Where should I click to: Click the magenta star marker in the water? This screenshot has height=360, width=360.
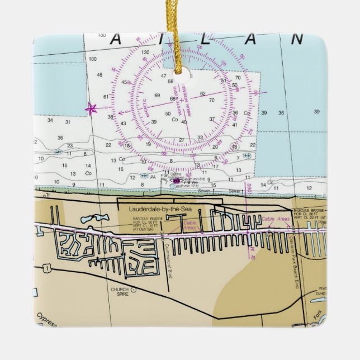tap(91, 108)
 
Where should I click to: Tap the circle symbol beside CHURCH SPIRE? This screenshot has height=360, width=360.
tap(133, 290)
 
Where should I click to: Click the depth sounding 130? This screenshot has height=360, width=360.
tap(145, 53)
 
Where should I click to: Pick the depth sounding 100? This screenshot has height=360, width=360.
tap(92, 59)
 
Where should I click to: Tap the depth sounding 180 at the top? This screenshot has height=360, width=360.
tap(101, 35)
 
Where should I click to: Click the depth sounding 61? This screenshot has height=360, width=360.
tap(106, 97)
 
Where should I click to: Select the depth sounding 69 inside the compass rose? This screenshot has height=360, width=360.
tap(158, 95)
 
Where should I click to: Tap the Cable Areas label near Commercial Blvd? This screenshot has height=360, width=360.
tap(190, 225)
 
